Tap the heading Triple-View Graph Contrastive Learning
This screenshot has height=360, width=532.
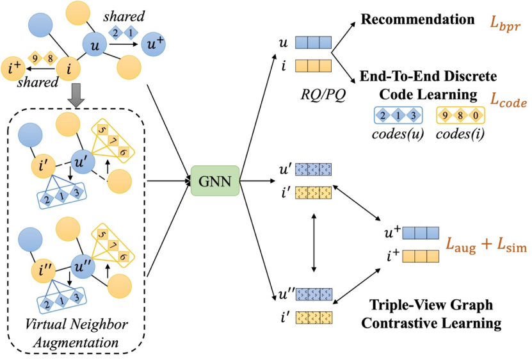pos(431,313)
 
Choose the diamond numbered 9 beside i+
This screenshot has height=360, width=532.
pos(36,58)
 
